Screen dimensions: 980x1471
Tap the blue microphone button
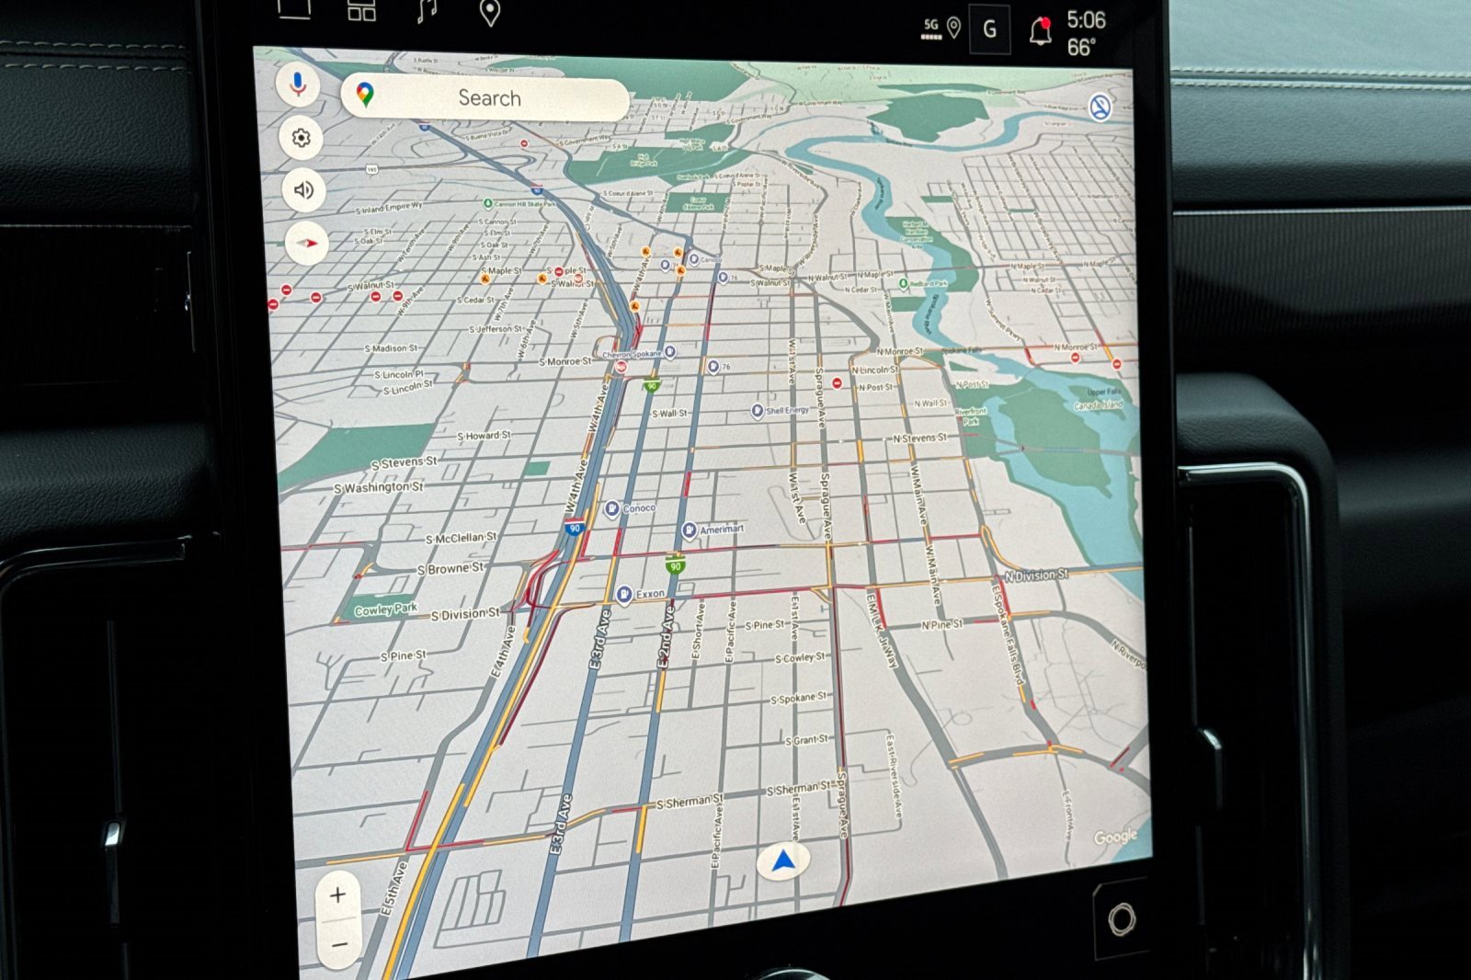(298, 85)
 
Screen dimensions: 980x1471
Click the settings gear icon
(301, 138)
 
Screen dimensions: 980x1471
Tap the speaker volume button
(303, 190)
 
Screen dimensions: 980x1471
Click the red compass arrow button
(307, 244)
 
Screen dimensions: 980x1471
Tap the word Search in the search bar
(489, 98)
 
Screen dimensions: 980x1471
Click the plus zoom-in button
(338, 895)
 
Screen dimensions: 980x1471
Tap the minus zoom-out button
(339, 944)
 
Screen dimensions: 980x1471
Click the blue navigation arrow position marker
(783, 861)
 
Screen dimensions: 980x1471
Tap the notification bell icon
(1040, 32)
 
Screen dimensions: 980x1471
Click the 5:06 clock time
(1086, 20)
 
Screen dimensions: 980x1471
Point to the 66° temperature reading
(1081, 47)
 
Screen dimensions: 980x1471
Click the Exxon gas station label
(650, 594)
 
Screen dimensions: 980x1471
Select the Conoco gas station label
(639, 508)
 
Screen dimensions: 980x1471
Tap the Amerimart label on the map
(722, 530)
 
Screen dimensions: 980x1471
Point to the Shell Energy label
(787, 411)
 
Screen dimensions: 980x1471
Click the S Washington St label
(379, 487)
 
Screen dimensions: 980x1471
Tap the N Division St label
(1036, 575)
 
